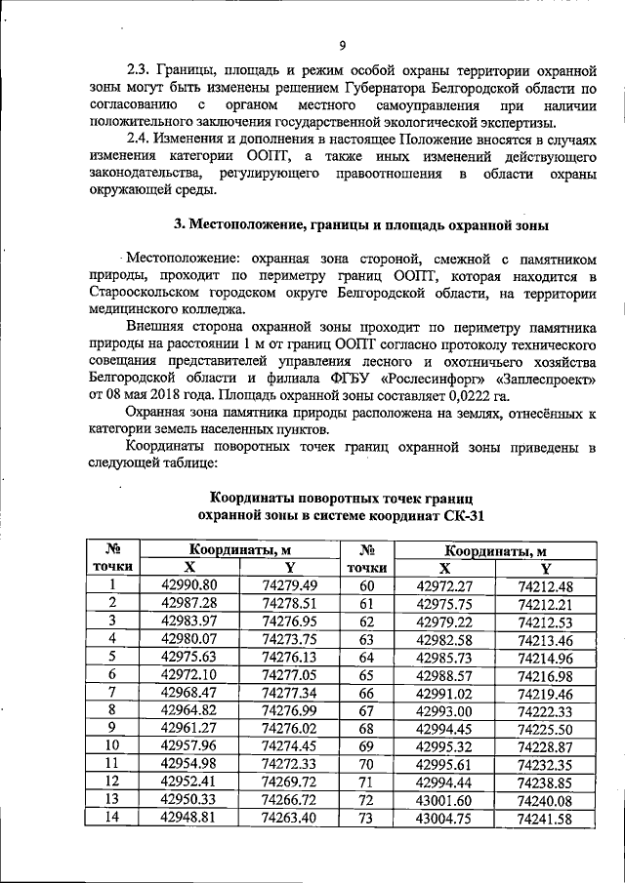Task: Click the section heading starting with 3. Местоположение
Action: point(361,223)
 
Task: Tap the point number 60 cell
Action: point(367,585)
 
